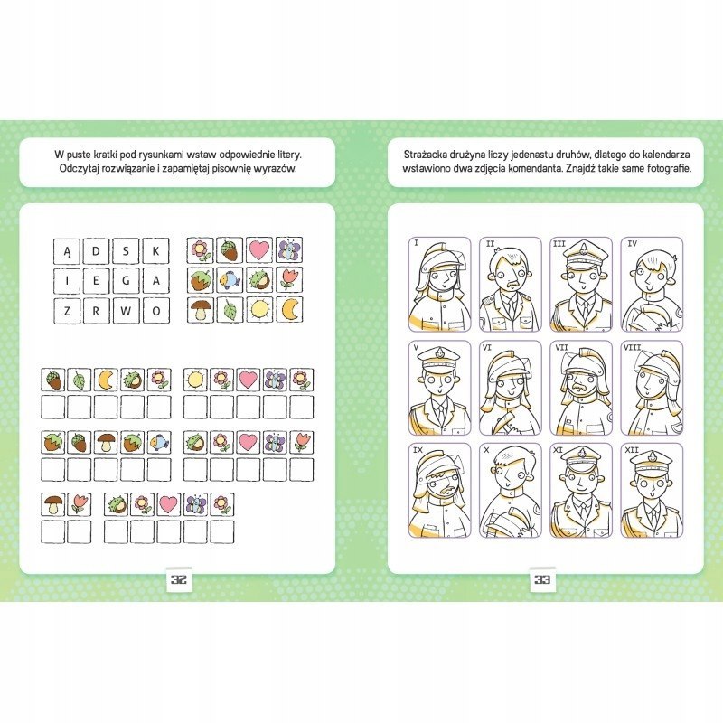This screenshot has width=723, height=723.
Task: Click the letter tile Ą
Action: click(67, 251)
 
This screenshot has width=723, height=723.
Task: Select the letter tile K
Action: click(155, 251)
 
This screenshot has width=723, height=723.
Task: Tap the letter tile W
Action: click(127, 311)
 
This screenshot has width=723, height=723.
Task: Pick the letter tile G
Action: click(127, 281)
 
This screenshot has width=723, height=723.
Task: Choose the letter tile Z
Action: click(67, 311)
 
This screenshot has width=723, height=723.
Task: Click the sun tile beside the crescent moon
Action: click(259, 309)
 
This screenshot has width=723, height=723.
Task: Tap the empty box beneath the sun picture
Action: click(195, 408)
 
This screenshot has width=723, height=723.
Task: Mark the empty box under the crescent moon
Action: click(107, 408)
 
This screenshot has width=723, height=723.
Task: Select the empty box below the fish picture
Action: click(160, 470)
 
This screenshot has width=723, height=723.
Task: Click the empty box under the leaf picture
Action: click(80, 408)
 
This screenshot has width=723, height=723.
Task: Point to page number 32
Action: click(179, 579)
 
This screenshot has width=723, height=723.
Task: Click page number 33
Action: click(542, 579)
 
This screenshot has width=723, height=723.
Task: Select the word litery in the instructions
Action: click(288, 154)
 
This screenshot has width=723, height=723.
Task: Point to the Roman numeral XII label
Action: click(631, 449)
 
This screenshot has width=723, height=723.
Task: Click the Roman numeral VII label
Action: click(561, 347)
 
